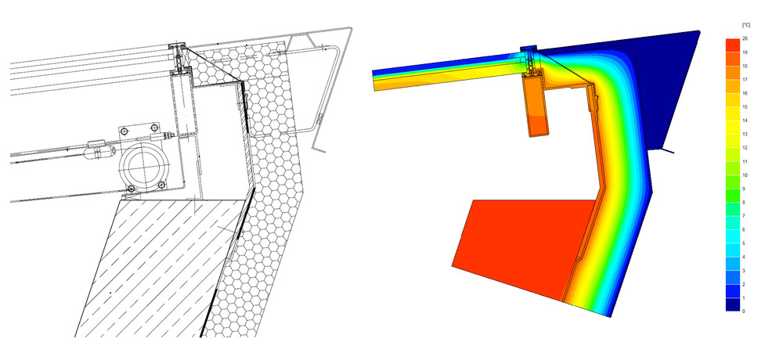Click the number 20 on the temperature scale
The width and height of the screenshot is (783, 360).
pyautogui.click(x=745, y=38)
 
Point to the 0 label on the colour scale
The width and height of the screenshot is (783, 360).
pyautogui.click(x=745, y=311)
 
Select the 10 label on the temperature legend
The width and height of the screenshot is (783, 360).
pyautogui.click(x=745, y=175)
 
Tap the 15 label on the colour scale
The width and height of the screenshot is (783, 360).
pyautogui.click(x=745, y=107)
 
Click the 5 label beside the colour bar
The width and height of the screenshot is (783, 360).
pyautogui.click(x=745, y=243)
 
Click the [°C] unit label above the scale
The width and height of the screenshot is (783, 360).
pyautogui.click(x=746, y=25)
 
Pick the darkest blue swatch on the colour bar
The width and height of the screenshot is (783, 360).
pyautogui.click(x=732, y=304)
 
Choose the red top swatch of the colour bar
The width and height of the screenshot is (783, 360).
pyautogui.click(x=732, y=45)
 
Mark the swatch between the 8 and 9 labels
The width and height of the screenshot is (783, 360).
pyautogui.click(x=732, y=196)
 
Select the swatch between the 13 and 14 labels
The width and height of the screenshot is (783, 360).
pyautogui.click(x=732, y=128)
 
